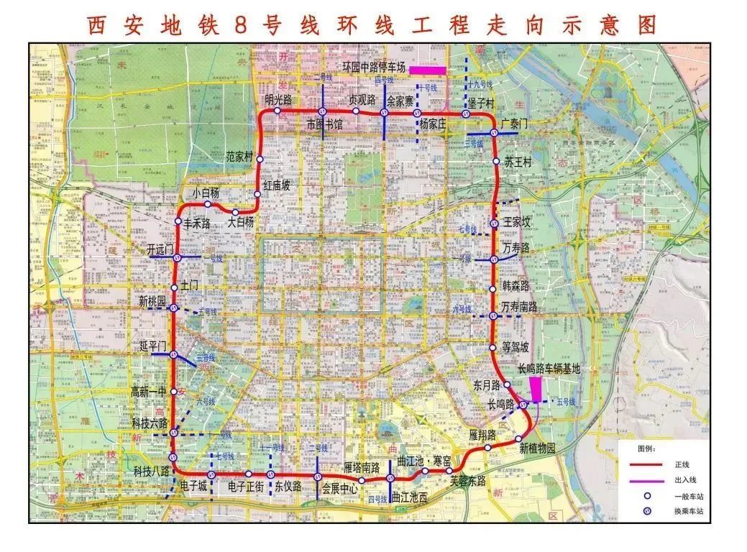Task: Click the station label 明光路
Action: pos(278,100)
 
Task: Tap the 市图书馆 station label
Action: pos(324,124)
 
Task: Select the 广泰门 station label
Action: pos(514,124)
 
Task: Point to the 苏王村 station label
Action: pos(518,162)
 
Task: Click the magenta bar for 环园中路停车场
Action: pos(428,70)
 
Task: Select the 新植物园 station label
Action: pos(538,448)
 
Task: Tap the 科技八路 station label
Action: pos(151,471)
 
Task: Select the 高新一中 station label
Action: pos(148,392)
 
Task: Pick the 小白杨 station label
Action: pos(206,193)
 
